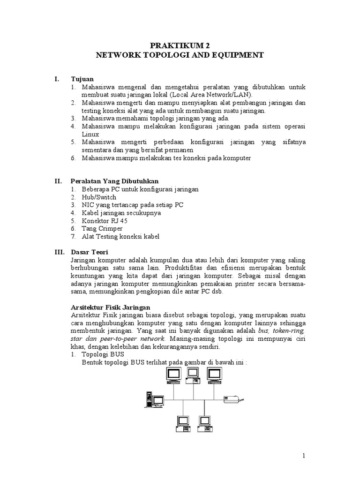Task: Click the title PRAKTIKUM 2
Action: coord(180,45)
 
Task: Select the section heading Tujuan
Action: coord(82,79)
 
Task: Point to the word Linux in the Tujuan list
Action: coord(90,134)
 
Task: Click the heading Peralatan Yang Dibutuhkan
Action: coord(114,181)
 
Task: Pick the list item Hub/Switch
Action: coord(98,197)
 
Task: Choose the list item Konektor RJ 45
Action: coord(104,221)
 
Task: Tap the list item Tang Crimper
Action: coord(102,229)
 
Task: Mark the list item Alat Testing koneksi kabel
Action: coord(120,237)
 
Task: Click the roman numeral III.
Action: coord(59,252)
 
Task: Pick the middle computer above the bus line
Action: coord(193,376)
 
